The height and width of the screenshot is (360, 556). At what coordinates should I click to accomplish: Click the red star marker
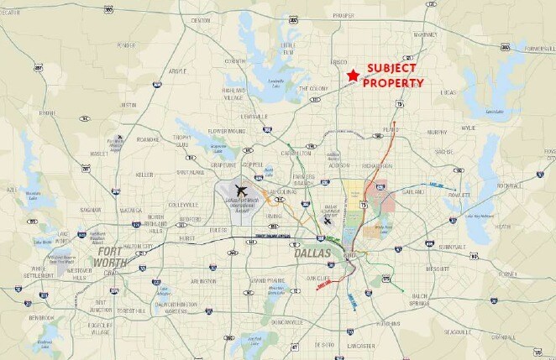pyautogui.click(x=352, y=76)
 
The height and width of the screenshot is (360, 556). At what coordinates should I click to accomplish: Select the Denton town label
pyautogui.click(x=201, y=19)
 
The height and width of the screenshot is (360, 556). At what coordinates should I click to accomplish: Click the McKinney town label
pyautogui.click(x=426, y=34)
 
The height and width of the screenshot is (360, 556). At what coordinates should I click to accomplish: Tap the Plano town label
pyautogui.click(x=391, y=130)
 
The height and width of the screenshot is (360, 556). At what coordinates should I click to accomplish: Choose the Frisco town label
pyautogui.click(x=339, y=63)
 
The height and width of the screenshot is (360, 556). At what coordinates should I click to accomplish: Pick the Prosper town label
pyautogui.click(x=343, y=15)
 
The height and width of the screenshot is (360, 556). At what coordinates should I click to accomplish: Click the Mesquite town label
pyautogui.click(x=438, y=269)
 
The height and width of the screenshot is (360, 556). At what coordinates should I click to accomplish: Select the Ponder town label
pyautogui.click(x=126, y=45)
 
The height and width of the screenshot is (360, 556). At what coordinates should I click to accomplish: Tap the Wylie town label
pyautogui.click(x=468, y=128)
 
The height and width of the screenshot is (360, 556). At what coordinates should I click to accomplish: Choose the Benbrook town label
pyautogui.click(x=39, y=318)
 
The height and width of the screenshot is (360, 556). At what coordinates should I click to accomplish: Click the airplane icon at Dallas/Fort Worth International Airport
pyautogui.click(x=244, y=190)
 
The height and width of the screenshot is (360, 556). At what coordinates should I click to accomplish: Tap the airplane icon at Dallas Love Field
pyautogui.click(x=327, y=221)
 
